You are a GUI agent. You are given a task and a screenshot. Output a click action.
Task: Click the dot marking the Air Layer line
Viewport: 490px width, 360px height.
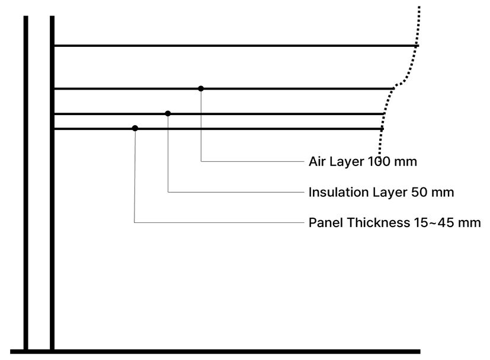click(201, 88)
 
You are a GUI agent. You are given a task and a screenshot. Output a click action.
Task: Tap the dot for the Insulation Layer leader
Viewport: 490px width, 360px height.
click(168, 113)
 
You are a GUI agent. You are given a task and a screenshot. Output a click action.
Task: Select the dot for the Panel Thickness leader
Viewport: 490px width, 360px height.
click(135, 128)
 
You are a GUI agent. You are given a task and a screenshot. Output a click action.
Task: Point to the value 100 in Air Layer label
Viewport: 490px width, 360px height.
click(379, 162)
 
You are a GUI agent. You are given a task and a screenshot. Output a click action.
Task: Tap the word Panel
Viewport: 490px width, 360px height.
click(326, 223)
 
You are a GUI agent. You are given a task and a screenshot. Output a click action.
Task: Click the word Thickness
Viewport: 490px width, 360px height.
click(378, 223)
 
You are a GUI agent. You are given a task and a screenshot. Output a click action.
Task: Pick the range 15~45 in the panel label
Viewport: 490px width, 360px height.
click(434, 223)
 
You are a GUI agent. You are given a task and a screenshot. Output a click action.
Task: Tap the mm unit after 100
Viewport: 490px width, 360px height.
click(405, 162)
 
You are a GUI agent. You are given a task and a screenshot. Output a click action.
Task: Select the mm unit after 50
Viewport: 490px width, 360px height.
click(442, 193)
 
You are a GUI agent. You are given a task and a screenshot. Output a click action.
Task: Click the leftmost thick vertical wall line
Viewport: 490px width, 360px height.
click(25, 183)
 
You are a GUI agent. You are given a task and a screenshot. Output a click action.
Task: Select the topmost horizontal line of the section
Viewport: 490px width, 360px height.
click(236, 46)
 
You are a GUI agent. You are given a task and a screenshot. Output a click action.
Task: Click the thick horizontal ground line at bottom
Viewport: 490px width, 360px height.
click(215, 352)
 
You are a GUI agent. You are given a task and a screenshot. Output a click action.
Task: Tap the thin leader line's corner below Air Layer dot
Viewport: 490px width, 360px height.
click(201, 161)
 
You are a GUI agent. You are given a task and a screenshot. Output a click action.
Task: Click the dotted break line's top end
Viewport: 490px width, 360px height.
click(419, 7)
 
